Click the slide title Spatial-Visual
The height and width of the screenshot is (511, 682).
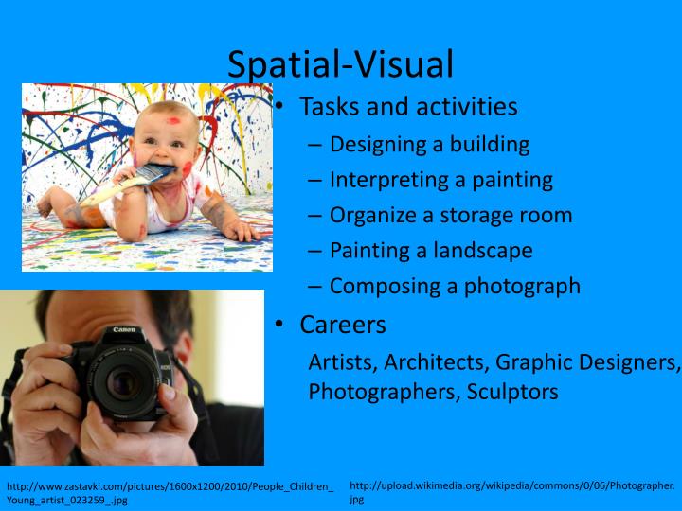340,63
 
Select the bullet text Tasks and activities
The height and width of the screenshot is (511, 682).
408,106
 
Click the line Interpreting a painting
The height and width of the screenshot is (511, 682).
440,180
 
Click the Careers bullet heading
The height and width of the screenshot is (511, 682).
343,325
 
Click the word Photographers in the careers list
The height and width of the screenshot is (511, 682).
384,392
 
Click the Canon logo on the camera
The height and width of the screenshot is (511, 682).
124,330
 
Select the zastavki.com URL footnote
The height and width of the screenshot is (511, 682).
170,493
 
